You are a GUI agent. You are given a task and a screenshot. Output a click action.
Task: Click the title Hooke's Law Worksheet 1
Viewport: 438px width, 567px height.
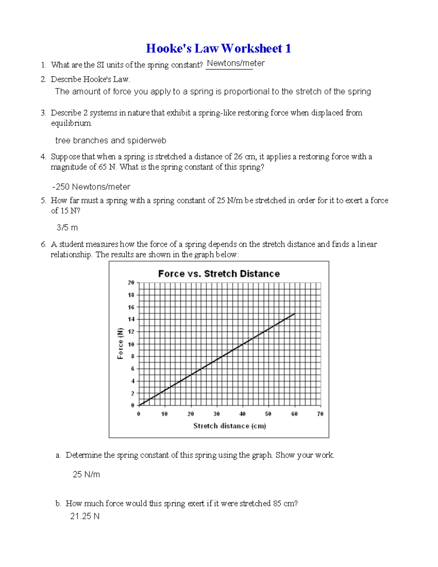(x=218, y=48)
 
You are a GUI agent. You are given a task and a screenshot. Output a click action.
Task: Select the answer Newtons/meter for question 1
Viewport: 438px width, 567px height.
(x=235, y=63)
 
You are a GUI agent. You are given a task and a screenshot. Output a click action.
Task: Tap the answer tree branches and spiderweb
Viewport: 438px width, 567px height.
(x=111, y=141)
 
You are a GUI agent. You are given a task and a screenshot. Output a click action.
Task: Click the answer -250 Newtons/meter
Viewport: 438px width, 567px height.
(x=91, y=187)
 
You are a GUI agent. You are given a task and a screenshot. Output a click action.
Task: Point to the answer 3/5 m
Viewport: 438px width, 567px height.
(x=67, y=227)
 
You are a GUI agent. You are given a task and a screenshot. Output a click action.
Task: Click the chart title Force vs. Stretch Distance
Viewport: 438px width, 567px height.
(x=219, y=274)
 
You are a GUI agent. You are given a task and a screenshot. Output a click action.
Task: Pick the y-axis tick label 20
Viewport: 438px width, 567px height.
(x=131, y=283)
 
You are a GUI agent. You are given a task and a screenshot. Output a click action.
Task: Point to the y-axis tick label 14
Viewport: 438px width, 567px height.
(x=131, y=319)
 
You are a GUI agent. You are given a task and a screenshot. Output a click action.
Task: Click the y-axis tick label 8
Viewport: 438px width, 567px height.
(x=132, y=356)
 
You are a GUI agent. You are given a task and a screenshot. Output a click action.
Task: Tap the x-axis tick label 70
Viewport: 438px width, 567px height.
(x=320, y=414)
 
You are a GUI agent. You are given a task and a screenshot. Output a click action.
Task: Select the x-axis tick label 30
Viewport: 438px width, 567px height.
(x=216, y=414)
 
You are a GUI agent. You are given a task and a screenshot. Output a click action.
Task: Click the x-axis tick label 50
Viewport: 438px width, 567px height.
(x=268, y=414)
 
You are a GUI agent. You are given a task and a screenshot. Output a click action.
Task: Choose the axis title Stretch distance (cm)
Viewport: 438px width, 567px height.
(x=230, y=426)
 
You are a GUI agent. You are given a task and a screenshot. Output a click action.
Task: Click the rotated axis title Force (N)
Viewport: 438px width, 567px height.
(x=120, y=344)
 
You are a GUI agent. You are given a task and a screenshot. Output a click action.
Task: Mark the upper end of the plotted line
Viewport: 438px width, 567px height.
(x=294, y=314)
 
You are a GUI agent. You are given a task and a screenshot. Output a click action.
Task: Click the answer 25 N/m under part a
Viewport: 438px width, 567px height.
(x=86, y=475)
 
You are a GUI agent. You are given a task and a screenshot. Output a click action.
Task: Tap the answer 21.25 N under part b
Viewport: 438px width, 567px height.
(x=85, y=516)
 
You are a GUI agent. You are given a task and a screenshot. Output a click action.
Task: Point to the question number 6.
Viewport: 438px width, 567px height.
(x=43, y=244)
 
